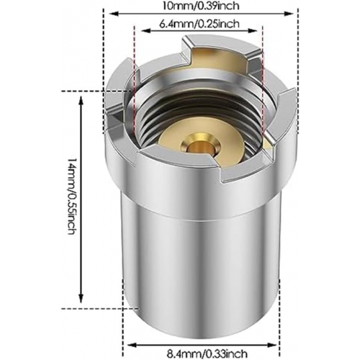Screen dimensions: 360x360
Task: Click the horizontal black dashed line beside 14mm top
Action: click(86, 91)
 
